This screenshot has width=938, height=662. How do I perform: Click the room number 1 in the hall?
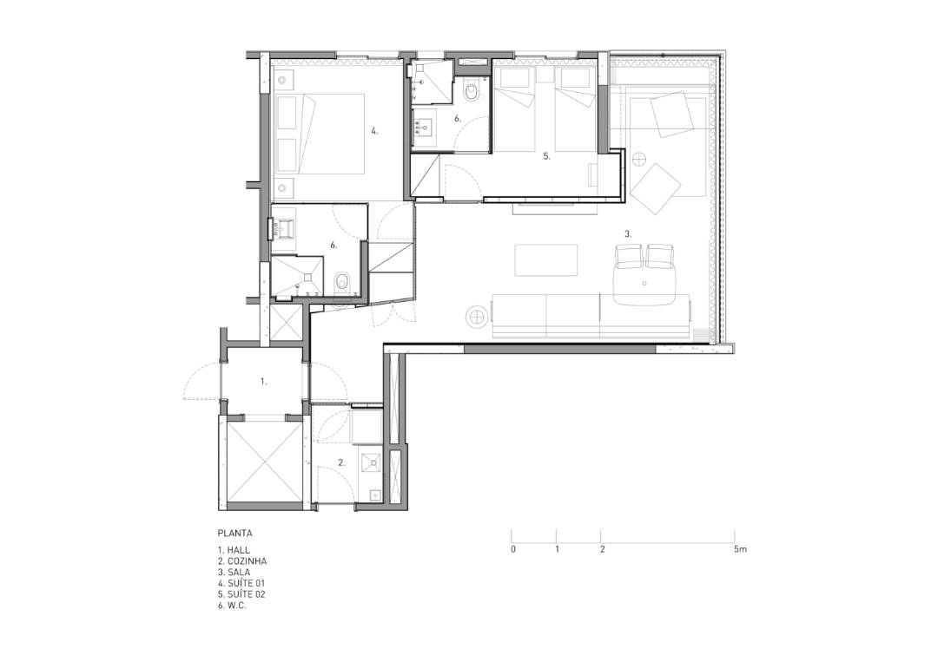coord(263,381)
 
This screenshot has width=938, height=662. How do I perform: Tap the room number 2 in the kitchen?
coord(341,462)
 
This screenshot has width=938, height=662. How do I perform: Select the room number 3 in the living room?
coord(628,233)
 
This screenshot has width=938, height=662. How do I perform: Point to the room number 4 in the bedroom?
coord(374,131)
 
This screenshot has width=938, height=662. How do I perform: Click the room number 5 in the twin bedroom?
coord(546,156)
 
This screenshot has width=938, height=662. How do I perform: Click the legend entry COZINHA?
coord(242,561)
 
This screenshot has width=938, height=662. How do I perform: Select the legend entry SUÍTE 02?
coord(241,594)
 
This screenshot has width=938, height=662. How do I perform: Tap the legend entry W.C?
coord(232,606)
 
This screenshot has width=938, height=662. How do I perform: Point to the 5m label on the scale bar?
coord(740,548)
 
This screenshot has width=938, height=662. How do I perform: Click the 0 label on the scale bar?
coord(512,549)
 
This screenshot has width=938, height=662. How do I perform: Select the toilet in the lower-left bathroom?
coord(342,281)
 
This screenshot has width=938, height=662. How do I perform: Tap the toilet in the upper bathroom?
coord(472,91)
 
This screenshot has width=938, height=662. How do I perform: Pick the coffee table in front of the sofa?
coord(546,260)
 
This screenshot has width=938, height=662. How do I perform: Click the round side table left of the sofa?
coord(478,316)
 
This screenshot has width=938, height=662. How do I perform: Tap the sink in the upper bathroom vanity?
coord(426,127)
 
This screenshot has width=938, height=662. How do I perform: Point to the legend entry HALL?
coord(234,550)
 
